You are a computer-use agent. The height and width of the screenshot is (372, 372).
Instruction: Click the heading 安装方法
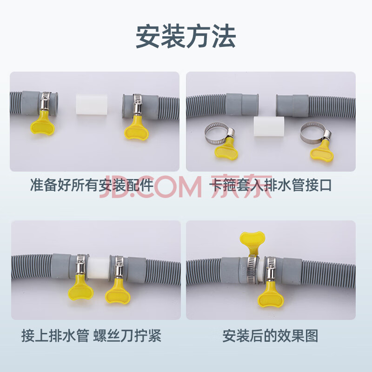[x=186, y=36]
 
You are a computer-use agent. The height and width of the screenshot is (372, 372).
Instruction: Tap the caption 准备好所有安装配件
[x=92, y=185]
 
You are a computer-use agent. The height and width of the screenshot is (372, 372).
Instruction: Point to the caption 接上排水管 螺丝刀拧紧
[x=91, y=336]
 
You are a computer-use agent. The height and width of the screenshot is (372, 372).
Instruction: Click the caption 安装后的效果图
[x=270, y=336]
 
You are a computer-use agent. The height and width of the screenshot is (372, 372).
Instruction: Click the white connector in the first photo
[x=91, y=105]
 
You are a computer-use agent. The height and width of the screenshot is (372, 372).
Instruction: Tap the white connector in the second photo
[x=269, y=126]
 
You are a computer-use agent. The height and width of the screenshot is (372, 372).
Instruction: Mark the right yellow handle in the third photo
[x=118, y=292]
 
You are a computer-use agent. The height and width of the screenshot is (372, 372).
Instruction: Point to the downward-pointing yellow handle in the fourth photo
[x=271, y=296]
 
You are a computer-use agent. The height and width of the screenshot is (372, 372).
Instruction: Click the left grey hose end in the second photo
[x=242, y=104]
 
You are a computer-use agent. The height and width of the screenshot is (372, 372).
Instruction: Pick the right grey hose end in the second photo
[x=292, y=106]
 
